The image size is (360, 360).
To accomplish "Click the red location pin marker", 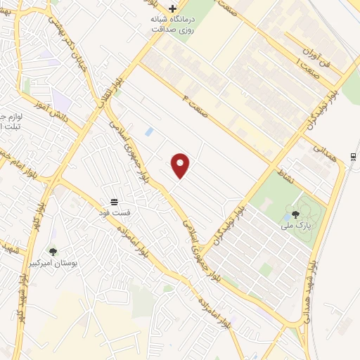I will [181, 166].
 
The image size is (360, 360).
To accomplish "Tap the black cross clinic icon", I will [172, 8].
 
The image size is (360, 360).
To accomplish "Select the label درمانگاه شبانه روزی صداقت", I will [172, 25].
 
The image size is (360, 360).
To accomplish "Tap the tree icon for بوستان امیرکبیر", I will [53, 251].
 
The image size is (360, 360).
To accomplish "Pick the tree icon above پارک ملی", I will [295, 214].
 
